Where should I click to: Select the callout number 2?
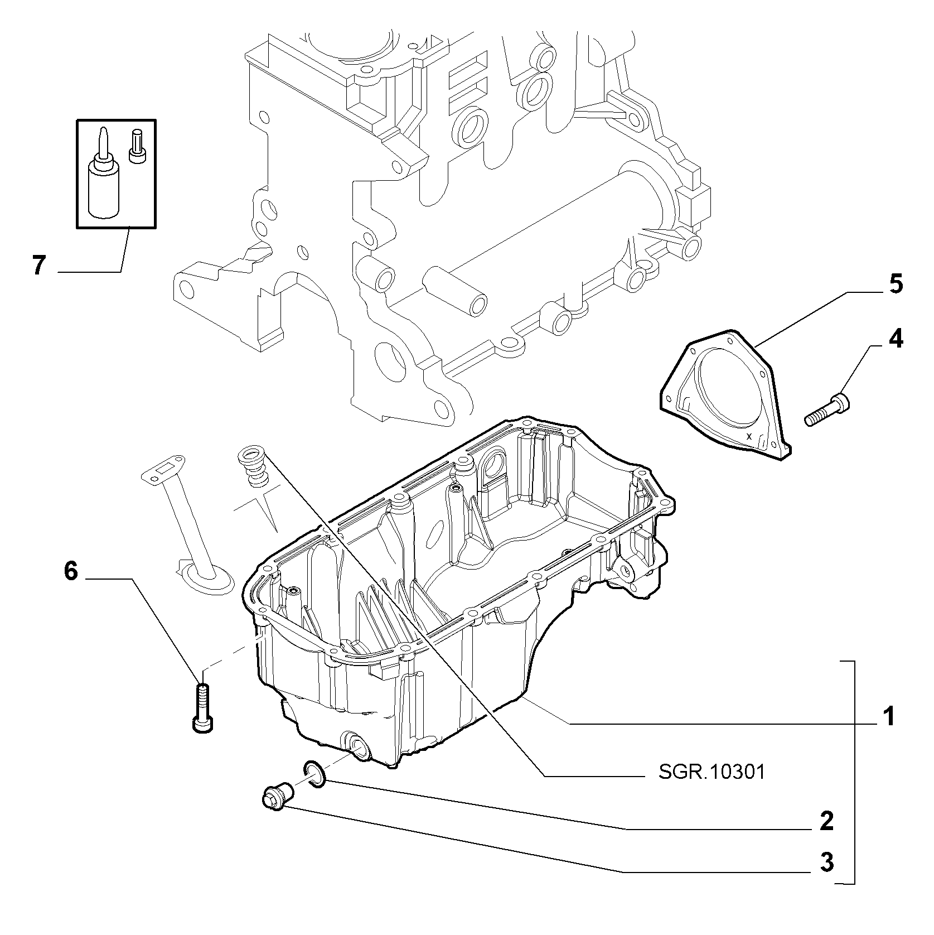coord(827,820)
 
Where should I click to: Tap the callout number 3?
coord(827,862)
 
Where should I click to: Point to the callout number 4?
coord(895,339)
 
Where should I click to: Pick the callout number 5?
coord(895,284)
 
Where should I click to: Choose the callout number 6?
coord(71,571)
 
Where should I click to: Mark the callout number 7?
coord(38,266)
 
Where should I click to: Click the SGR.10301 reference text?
coord(712,772)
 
